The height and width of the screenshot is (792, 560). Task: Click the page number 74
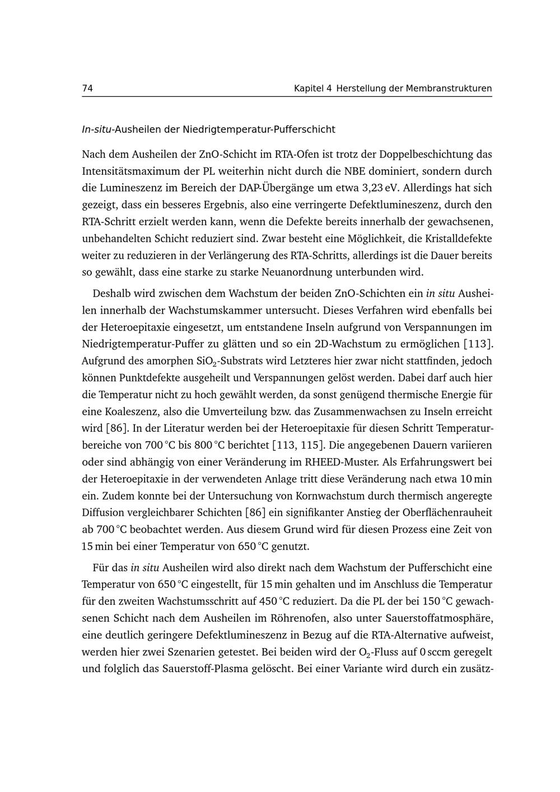point(87,88)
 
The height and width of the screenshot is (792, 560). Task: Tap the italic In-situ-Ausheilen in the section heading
point(121,130)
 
